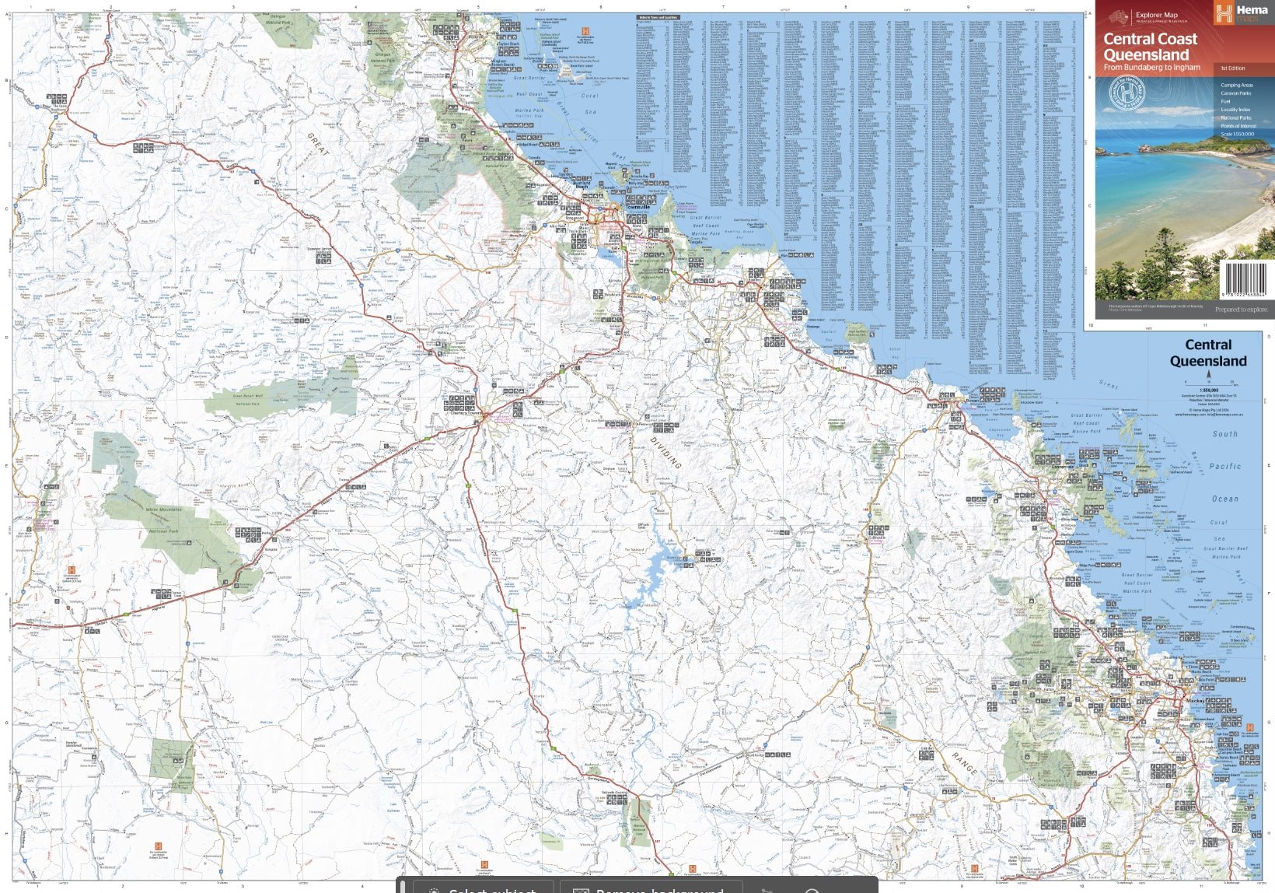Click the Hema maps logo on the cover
coord(1242,12)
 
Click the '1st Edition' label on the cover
coord(1232,68)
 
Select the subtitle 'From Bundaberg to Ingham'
coord(1151,68)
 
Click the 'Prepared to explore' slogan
coord(1241,310)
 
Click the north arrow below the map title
coord(1208,376)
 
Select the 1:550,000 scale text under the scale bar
coord(1208,390)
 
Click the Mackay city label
coord(1195,701)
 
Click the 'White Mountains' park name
coord(164,510)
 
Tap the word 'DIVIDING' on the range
coord(665,452)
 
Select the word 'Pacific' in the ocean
coord(1224,467)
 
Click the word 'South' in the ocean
coord(1224,434)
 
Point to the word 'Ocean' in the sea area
coord(1224,499)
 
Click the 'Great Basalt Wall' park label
coord(248,396)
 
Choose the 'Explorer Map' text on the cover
coord(1156,15)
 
